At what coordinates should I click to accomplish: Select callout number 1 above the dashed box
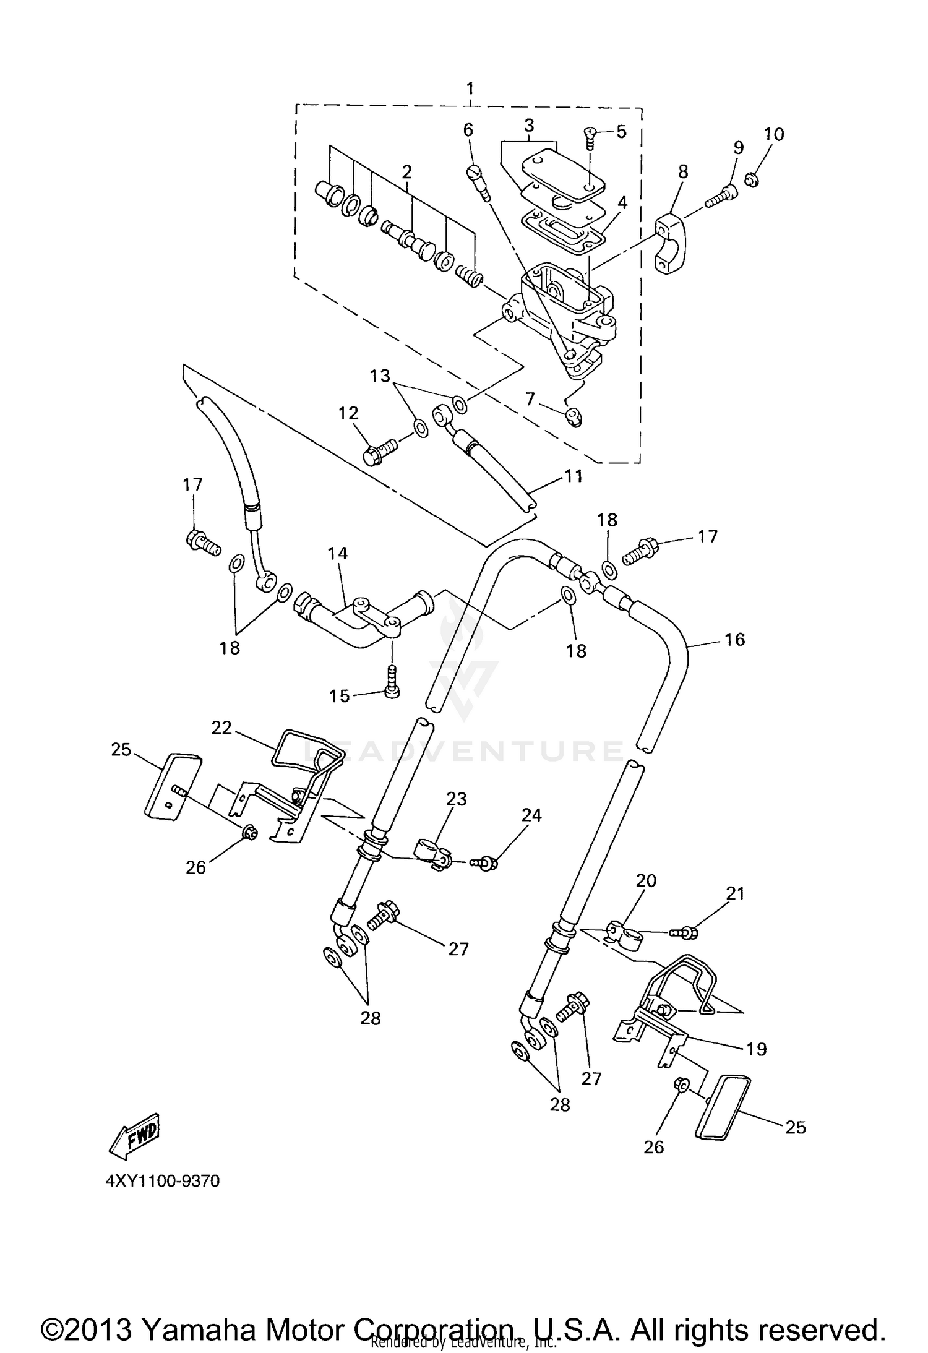pyautogui.click(x=470, y=87)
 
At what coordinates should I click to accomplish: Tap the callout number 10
pyautogui.click(x=773, y=134)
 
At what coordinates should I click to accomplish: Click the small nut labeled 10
pyautogui.click(x=752, y=181)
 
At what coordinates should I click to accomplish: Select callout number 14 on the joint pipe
pyautogui.click(x=338, y=554)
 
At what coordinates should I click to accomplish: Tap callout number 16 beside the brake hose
pyautogui.click(x=734, y=640)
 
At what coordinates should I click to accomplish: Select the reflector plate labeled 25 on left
pyautogui.click(x=173, y=786)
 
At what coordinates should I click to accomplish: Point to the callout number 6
pyautogui.click(x=468, y=130)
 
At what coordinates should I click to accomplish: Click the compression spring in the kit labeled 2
pyautogui.click(x=469, y=274)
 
